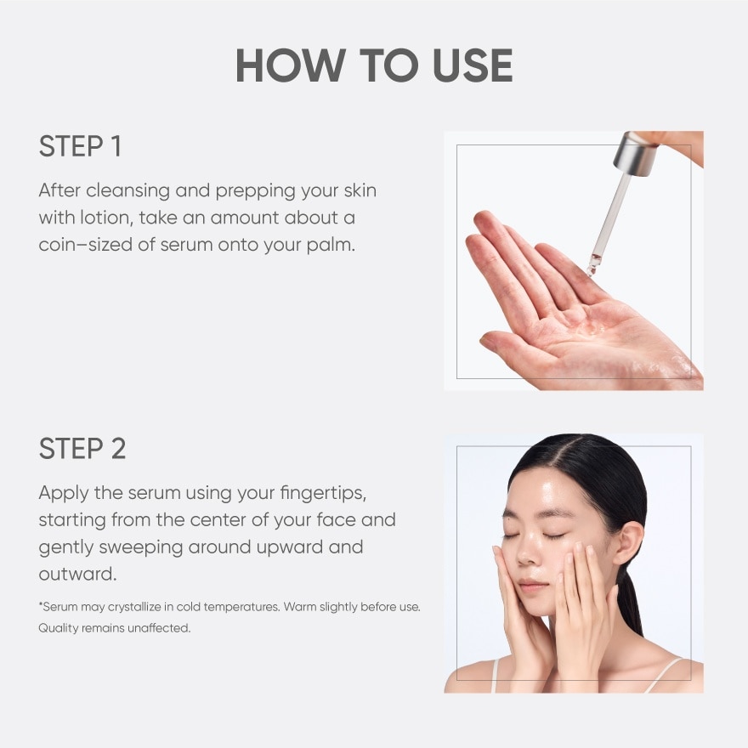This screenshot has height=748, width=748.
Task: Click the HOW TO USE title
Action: pyautogui.click(x=374, y=66)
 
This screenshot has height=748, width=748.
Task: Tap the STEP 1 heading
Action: pyautogui.click(x=80, y=146)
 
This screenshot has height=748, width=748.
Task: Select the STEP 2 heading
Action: pyautogui.click(x=82, y=449)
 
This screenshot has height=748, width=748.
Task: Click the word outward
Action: pyautogui.click(x=77, y=574)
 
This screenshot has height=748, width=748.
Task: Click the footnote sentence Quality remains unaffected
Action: pyautogui.click(x=114, y=628)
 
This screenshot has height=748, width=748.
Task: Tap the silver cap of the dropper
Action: pyautogui.click(x=637, y=152)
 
